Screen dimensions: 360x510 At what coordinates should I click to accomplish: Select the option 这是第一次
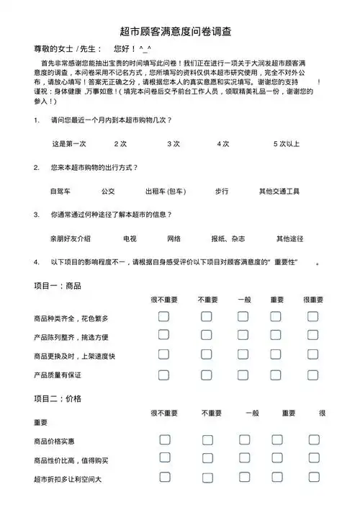click(x=69, y=143)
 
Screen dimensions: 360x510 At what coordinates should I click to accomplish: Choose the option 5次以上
click(x=286, y=143)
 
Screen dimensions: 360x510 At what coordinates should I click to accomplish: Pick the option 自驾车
click(x=60, y=191)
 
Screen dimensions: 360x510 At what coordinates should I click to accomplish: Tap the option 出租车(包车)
click(x=166, y=191)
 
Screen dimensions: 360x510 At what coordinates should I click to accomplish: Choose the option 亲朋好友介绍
click(x=71, y=238)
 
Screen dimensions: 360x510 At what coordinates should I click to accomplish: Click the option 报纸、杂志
click(x=228, y=238)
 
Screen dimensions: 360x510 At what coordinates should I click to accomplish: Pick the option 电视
click(x=130, y=238)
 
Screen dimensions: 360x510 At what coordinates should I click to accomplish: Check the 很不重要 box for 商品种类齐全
click(x=164, y=316)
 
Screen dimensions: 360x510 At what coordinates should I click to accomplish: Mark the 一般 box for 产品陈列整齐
click(x=244, y=336)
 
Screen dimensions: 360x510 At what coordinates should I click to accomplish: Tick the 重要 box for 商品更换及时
click(x=276, y=355)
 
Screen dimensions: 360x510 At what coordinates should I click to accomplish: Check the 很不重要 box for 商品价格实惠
click(x=164, y=439)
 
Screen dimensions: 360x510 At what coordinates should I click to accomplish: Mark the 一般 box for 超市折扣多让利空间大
click(x=244, y=478)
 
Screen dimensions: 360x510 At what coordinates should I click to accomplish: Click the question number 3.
click(x=37, y=215)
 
